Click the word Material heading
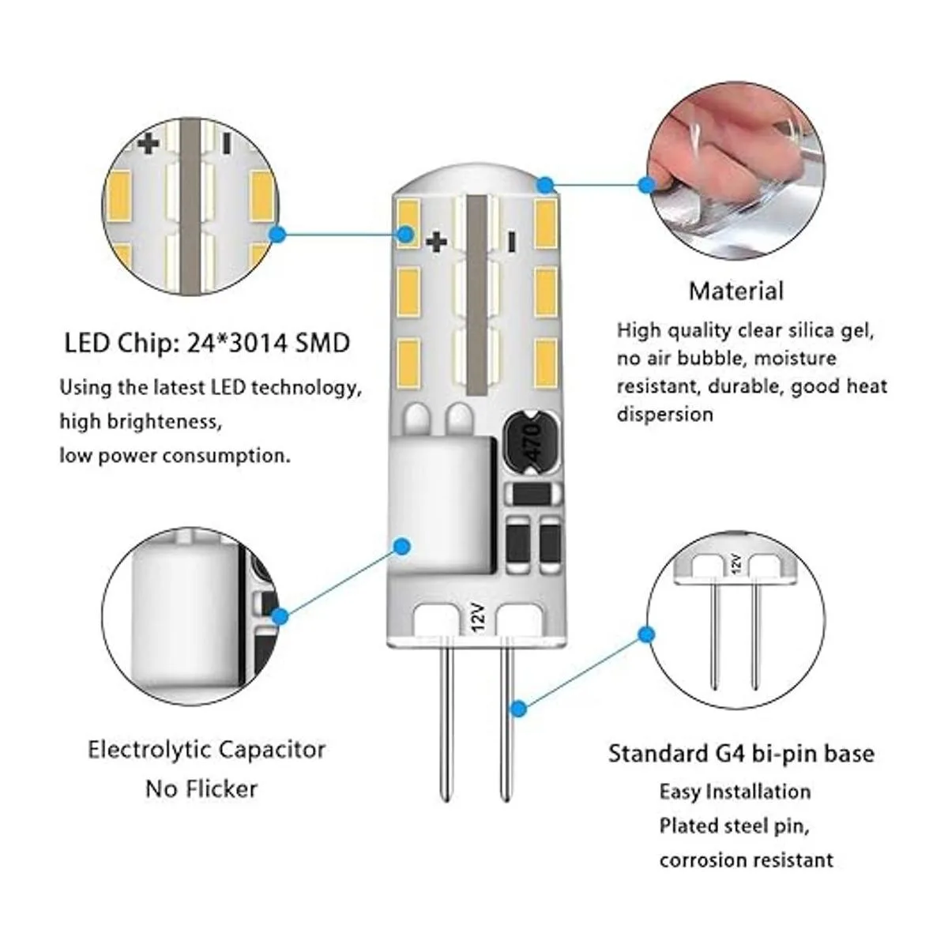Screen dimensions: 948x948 pyautogui.click(x=735, y=291)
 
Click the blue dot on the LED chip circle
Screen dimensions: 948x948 pyautogui.click(x=276, y=234)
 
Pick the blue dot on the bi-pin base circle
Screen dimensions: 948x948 pyautogui.click(x=647, y=634)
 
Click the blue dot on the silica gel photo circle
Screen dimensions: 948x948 pyautogui.click(x=647, y=185)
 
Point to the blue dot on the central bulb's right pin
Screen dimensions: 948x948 pyautogui.click(x=518, y=709)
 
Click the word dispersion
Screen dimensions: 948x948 pyautogui.click(x=664, y=414)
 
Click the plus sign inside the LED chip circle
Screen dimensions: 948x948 pyautogui.click(x=149, y=143)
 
